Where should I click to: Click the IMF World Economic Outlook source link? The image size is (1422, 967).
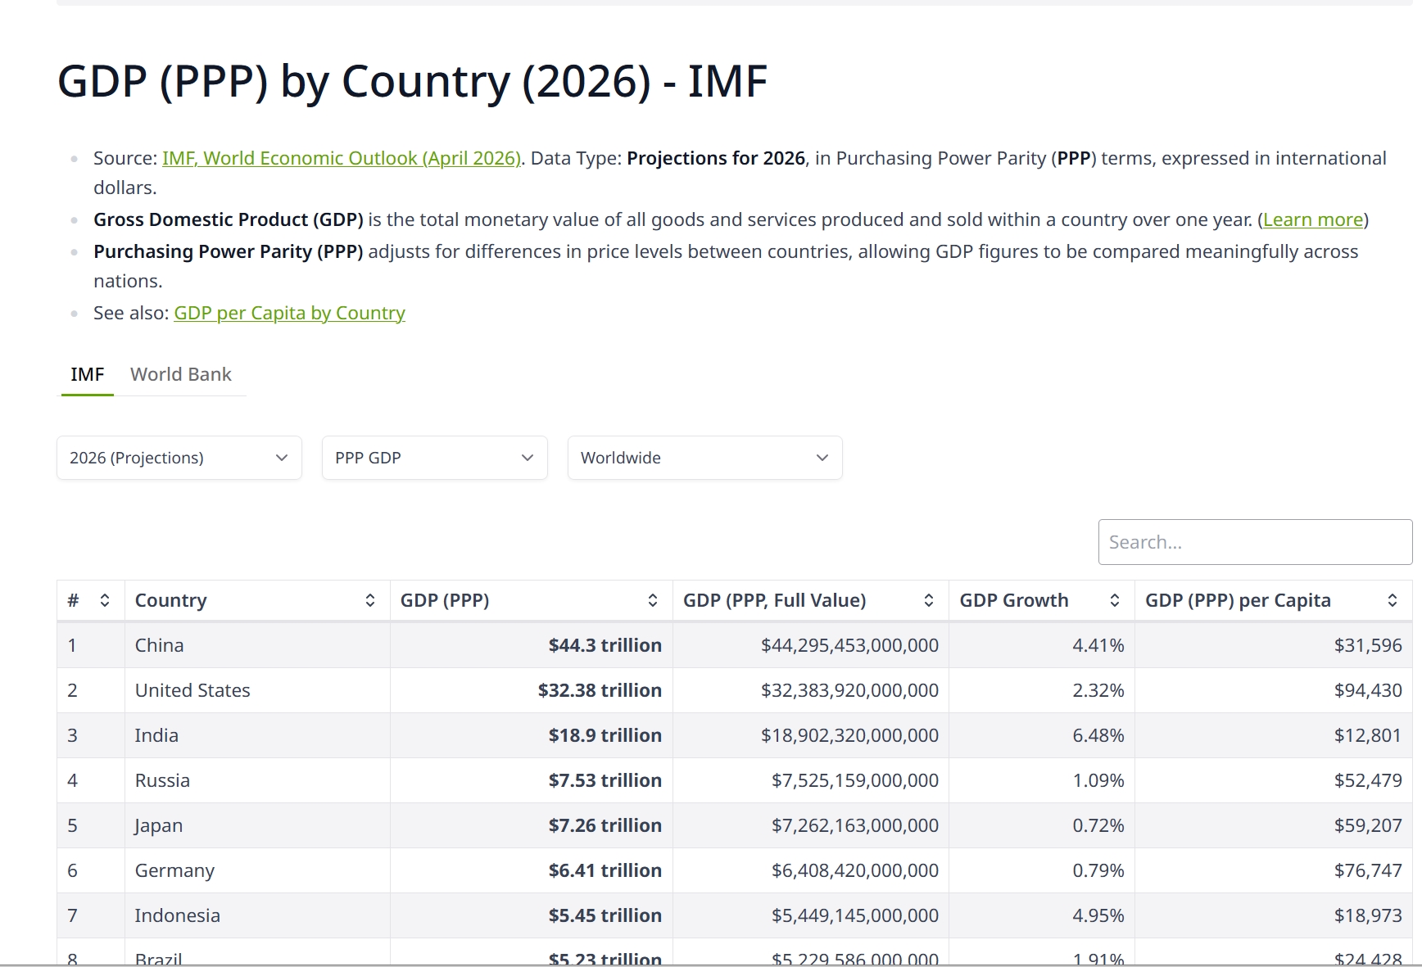(x=342, y=158)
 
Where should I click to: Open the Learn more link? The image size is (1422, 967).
(x=1313, y=219)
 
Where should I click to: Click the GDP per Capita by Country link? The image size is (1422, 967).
(x=289, y=313)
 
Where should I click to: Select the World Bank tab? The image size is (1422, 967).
(x=181, y=374)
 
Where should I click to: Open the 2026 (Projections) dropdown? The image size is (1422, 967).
(x=179, y=458)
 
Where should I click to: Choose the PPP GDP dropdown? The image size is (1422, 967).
(x=435, y=458)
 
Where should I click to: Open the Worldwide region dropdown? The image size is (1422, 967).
(x=705, y=458)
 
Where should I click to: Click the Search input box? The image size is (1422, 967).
(x=1255, y=542)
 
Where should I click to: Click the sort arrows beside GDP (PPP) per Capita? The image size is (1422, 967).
(x=1393, y=600)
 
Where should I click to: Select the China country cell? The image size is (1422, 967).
(x=257, y=645)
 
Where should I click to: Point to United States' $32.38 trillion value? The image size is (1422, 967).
(x=600, y=690)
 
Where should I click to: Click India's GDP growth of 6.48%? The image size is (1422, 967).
(x=1098, y=735)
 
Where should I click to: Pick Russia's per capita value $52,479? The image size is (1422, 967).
(x=1368, y=780)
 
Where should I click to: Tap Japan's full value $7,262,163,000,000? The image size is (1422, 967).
(x=855, y=825)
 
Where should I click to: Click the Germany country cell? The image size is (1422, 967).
(x=257, y=870)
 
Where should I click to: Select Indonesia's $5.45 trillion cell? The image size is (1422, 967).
(x=532, y=915)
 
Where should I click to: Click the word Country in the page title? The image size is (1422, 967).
(x=425, y=82)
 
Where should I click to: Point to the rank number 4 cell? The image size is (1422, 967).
(x=90, y=780)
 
